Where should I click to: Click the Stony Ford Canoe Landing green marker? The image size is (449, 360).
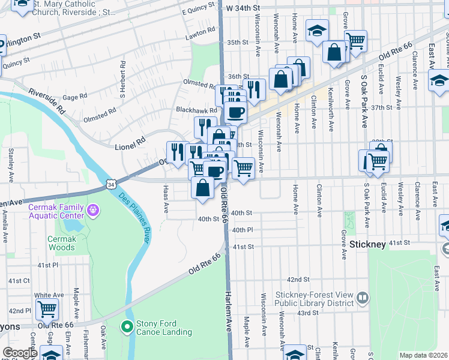127,327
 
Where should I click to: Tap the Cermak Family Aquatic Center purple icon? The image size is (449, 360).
93,211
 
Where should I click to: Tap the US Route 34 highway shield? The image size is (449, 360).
111,185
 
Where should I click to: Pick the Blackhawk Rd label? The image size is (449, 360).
196,110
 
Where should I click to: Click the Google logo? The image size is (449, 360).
20,353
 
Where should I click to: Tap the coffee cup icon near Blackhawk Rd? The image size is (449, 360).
235,112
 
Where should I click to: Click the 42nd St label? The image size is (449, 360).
298,280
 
